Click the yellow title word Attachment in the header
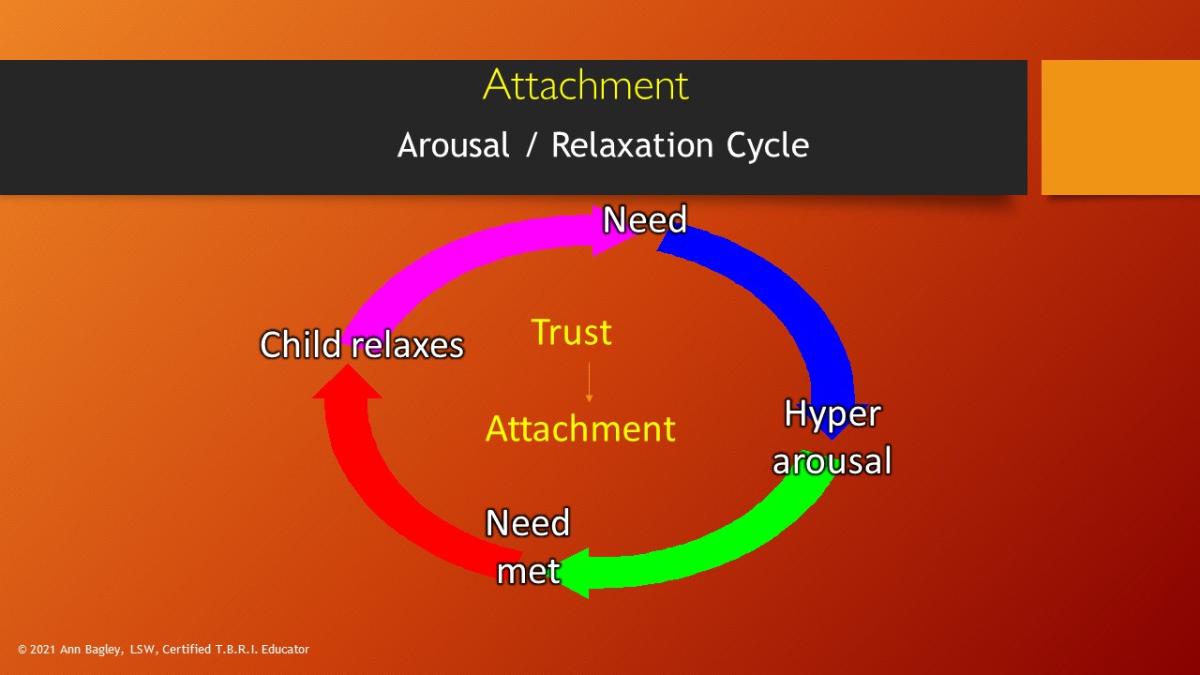pos(586,85)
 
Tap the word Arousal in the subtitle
pos(453,145)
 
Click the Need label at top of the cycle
pos(645,220)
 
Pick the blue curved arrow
pos(787,300)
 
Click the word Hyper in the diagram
pos(832,413)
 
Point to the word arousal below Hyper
pos(832,461)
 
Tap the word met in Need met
pos(528,571)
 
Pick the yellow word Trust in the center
pos(571,332)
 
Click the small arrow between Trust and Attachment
pos(589,382)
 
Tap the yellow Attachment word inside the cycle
pos(580,428)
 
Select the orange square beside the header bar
pos(1120,127)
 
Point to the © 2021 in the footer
pos(37,649)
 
